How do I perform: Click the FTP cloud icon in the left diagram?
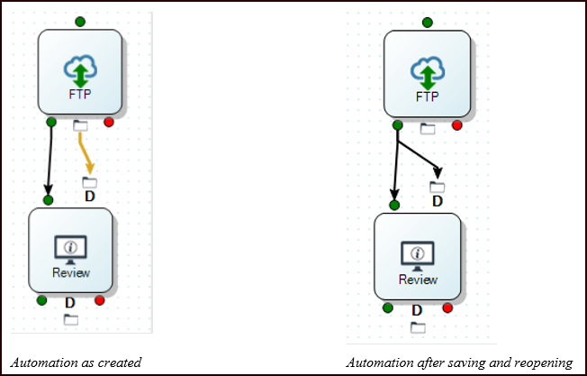click(x=80, y=70)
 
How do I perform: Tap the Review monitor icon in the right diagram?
click(x=416, y=256)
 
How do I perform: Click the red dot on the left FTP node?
click(x=109, y=123)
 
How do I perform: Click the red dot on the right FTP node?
click(x=456, y=125)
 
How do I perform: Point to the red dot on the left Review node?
click(x=100, y=300)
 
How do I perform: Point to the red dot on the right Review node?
click(x=447, y=308)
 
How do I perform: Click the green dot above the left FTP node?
click(x=80, y=21)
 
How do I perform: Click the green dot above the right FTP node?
click(x=428, y=22)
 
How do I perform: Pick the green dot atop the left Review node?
click(x=48, y=199)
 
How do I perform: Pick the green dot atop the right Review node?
click(x=394, y=206)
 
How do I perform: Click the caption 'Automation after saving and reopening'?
click(x=459, y=362)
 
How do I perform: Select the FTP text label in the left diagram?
click(x=80, y=92)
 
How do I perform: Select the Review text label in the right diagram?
click(x=418, y=279)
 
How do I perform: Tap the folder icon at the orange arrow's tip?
click(x=89, y=182)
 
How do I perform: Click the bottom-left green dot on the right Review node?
click(x=388, y=308)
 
